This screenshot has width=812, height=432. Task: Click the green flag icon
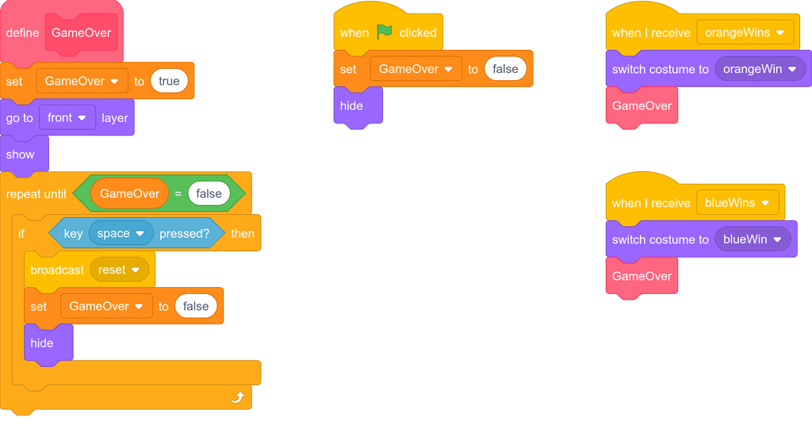pos(385,32)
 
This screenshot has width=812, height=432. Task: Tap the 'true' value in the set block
pos(169,81)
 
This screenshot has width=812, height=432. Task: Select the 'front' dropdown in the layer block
pos(67,117)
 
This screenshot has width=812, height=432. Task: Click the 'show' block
pos(21,154)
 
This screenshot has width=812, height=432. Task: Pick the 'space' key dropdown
pos(121,233)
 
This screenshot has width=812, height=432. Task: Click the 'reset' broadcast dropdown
pos(119,270)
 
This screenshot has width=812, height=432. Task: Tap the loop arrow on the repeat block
pos(237,397)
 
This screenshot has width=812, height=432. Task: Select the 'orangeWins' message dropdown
pos(745,32)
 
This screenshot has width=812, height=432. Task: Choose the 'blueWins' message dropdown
pos(737,203)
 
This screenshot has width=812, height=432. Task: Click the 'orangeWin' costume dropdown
pos(760,69)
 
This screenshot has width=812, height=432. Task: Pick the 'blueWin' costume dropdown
pos(753,239)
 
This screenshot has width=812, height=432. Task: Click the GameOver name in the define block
pos(81,32)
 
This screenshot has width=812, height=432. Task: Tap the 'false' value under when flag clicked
pos(505,69)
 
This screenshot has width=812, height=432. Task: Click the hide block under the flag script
pos(351,105)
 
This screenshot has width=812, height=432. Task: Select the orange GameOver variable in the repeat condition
pos(129,193)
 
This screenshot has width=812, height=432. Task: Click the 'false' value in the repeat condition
pos(209,193)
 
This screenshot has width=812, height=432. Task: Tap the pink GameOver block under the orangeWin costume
pos(642,105)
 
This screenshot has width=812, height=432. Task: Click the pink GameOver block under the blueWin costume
pos(642,276)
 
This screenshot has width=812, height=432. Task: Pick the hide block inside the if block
pos(43,342)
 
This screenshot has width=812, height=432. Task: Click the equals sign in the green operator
pos(178,193)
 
